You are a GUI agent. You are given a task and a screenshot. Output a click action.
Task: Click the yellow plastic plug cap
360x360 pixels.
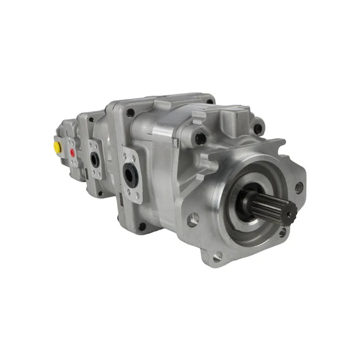click(x=57, y=147)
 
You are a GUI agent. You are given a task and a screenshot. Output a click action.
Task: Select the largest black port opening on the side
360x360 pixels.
click(x=130, y=175)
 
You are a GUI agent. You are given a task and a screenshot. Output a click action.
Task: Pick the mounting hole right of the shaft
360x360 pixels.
click(x=298, y=187)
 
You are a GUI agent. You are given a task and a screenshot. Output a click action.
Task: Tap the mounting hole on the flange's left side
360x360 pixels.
click(x=194, y=218)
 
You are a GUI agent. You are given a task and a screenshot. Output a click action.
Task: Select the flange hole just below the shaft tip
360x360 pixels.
click(x=281, y=231)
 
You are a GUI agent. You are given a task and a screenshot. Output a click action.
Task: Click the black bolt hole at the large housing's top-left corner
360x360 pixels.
click(x=130, y=113)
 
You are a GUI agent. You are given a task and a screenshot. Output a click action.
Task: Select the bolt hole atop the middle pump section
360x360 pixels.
click(x=90, y=119)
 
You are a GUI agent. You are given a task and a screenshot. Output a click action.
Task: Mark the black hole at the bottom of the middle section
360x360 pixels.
click(x=100, y=193)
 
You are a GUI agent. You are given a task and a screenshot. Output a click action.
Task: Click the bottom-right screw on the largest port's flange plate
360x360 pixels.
click(x=138, y=197)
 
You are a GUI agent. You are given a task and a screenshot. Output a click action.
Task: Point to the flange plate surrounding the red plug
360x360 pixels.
click(x=73, y=153)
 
